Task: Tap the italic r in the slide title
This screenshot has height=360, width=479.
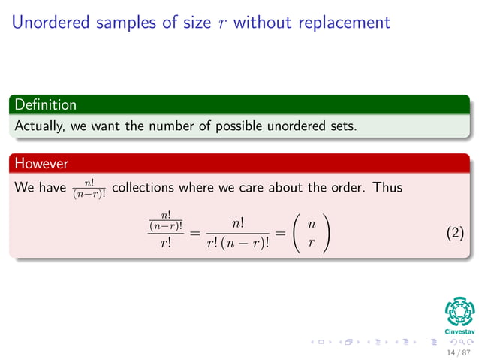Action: (x=220, y=23)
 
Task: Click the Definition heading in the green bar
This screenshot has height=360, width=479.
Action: (x=45, y=104)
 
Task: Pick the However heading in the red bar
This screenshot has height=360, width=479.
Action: (x=41, y=163)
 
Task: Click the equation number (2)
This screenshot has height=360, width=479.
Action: (x=455, y=234)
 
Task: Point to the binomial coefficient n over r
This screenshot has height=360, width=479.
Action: (x=311, y=234)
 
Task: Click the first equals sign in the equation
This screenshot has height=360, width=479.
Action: (x=194, y=234)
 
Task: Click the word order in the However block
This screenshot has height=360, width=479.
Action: (x=343, y=187)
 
